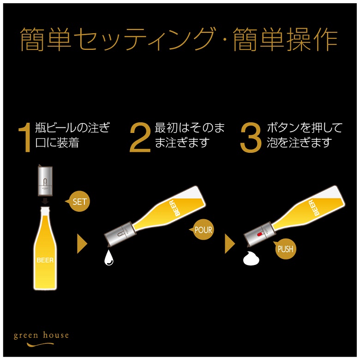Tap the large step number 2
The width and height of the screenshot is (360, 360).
pos(140,137)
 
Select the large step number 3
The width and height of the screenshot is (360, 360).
pos(251,137)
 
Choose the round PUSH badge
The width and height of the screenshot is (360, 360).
pos(285,249)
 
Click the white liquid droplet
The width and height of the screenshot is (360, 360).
pos(109,258)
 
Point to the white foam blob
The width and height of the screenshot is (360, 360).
pos(251,259)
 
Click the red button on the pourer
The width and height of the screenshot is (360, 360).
pos(259,234)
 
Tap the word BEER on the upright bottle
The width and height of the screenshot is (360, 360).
pos(45,260)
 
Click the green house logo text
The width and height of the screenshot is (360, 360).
pos(42,336)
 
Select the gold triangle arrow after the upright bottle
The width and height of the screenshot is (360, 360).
pos(82,244)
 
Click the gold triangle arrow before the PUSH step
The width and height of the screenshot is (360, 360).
pos(230,244)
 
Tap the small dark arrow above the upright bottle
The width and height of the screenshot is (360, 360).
pos(45,201)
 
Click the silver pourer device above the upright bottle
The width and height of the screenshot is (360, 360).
pos(45,180)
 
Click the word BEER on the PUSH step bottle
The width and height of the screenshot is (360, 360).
pos(314,208)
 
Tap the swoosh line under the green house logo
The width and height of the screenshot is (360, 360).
pos(40,344)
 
